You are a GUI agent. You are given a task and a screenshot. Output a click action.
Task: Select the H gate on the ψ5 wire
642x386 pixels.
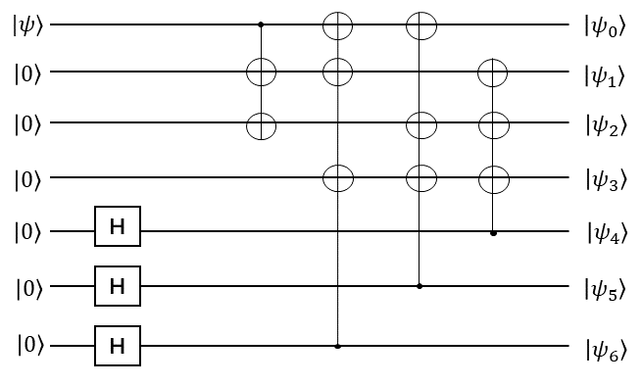click(118, 286)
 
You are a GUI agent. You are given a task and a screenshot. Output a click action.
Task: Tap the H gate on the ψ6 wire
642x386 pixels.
click(118, 346)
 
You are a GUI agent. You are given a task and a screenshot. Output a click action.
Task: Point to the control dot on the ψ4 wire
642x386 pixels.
click(493, 233)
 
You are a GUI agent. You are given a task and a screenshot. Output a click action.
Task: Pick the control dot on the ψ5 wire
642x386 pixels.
click(420, 286)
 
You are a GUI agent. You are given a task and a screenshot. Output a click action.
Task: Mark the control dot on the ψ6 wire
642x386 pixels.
click(337, 346)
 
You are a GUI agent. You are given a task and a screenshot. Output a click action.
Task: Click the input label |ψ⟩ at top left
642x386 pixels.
click(26, 24)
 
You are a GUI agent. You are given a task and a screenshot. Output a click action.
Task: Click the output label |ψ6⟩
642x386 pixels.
click(606, 348)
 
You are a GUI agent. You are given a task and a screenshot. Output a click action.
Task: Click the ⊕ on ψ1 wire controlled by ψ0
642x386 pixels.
click(261, 71)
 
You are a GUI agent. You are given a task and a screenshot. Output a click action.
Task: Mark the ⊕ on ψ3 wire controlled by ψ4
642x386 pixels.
click(493, 177)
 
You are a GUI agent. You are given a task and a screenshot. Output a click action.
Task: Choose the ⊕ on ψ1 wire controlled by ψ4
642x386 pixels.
click(493, 71)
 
